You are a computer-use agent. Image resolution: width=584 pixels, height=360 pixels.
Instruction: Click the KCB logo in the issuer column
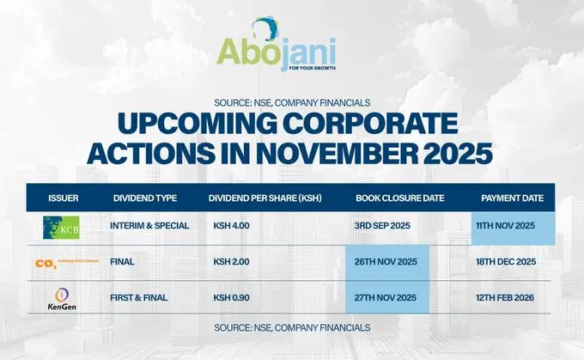61,227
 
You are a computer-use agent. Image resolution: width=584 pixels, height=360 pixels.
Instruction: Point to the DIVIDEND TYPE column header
145,198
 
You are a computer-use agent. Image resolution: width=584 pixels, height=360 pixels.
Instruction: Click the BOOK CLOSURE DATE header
399,198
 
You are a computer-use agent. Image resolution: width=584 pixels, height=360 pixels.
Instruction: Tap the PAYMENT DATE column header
512,198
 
